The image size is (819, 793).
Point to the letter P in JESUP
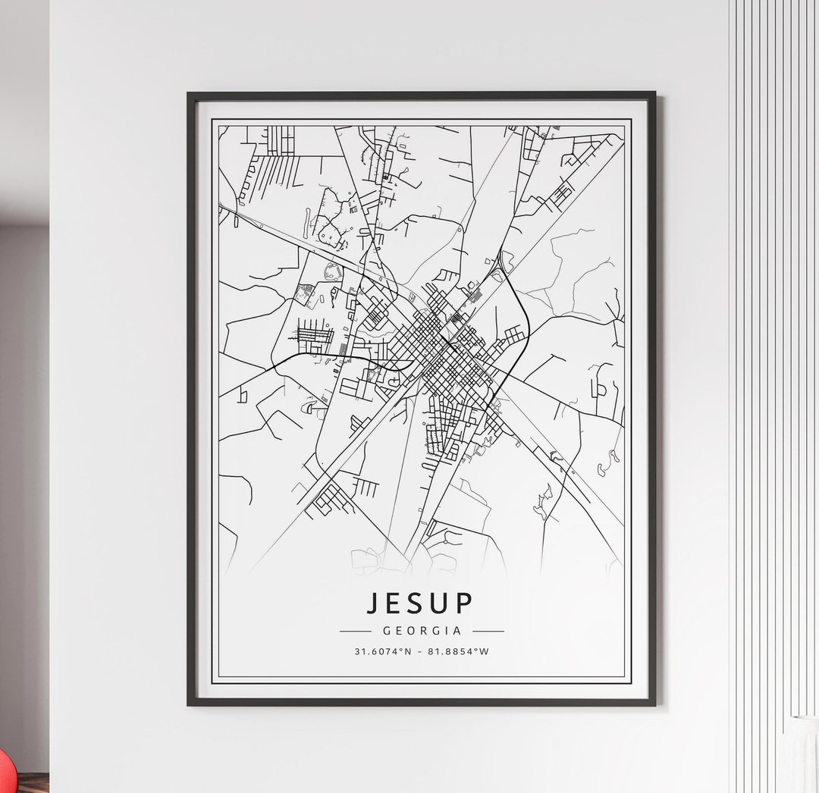(465, 602)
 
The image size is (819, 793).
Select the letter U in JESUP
(443, 602)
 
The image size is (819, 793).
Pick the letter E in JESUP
(397, 602)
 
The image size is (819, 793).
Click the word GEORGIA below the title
(422, 630)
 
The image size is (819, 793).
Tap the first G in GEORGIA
(387, 630)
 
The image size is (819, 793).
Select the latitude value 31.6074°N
(383, 650)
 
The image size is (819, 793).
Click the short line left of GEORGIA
(355, 630)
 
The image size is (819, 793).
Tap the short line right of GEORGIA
(488, 630)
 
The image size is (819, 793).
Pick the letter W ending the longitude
(485, 650)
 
